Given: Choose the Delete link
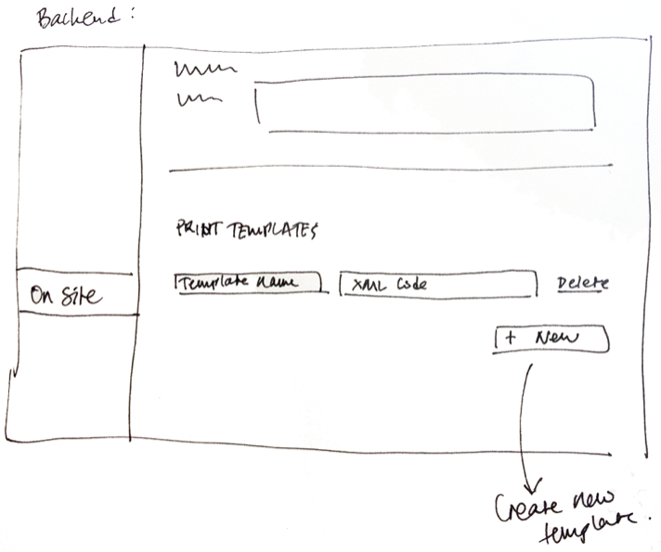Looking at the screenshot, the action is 583,283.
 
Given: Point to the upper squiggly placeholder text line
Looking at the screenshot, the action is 205,70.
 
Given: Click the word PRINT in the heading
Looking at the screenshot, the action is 195,228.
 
